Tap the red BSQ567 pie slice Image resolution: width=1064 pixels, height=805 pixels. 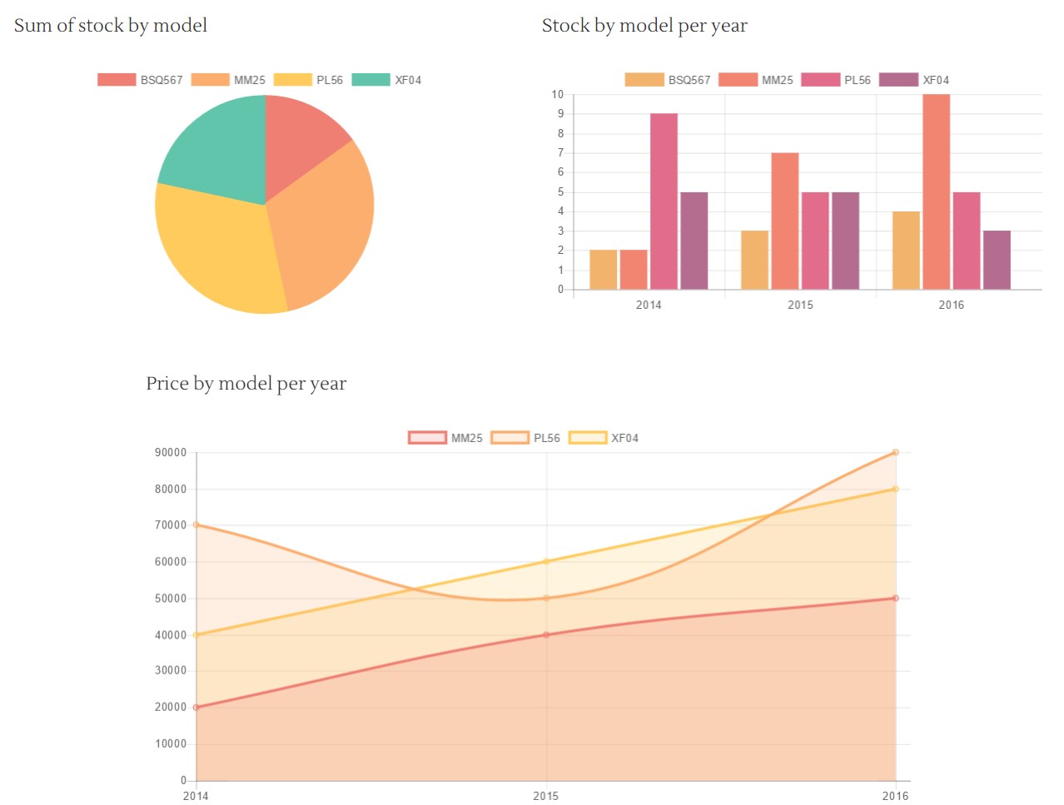coord(300,133)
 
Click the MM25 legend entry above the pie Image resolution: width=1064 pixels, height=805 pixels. coord(229,80)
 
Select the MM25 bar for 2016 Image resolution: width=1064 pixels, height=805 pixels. coord(936,191)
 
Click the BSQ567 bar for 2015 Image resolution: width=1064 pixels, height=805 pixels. coord(754,260)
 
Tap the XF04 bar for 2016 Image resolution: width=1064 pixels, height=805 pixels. coord(997,260)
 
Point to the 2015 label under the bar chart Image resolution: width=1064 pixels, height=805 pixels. coord(800,305)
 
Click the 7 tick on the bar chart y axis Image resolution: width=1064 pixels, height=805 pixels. coord(560,152)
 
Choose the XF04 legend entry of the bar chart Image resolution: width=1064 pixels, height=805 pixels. coord(915,80)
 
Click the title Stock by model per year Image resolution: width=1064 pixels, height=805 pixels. coord(644,26)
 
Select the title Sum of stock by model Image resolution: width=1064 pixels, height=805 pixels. coord(111,26)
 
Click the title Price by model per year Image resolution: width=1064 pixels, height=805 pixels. coord(246,384)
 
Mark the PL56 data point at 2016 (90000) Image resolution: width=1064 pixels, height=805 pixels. coord(896,452)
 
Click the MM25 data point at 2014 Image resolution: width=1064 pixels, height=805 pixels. coord(196,708)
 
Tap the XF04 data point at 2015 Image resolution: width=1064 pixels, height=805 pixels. coord(546,561)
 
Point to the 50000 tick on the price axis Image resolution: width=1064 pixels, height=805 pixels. coord(171,599)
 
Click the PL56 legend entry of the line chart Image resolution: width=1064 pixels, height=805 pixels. coord(526,438)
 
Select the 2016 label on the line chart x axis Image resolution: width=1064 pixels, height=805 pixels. coord(895,796)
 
